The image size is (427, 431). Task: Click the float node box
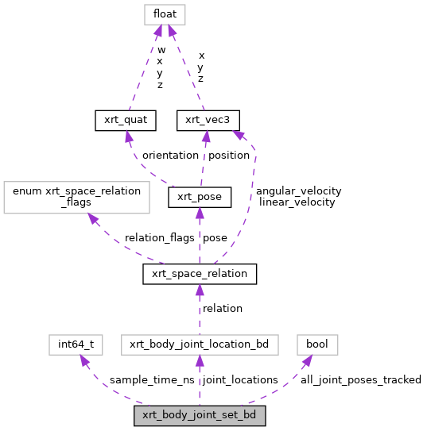pos(165,14)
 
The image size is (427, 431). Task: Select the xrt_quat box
pos(125,120)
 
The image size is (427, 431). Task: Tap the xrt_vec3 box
pos(207,120)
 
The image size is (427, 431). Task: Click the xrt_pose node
pos(200,197)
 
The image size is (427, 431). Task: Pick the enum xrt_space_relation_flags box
pos(77,197)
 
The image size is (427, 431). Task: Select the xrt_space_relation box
pos(200,274)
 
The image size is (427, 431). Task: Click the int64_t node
pos(76,344)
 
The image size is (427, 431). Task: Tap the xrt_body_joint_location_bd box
pos(200,344)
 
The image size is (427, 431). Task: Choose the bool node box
pos(317,344)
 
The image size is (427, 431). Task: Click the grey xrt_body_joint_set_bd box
pos(200,415)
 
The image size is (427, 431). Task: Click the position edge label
pos(229,156)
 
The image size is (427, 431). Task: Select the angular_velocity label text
pos(298,190)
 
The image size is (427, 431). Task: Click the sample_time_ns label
pos(152,380)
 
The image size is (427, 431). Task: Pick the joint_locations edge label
pos(241,380)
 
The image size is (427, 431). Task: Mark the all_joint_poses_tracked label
pos(360,380)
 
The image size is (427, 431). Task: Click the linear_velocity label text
pos(297,202)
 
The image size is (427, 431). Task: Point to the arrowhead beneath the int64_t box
pos(83,360)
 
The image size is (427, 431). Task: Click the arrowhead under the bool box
pos(307,361)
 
